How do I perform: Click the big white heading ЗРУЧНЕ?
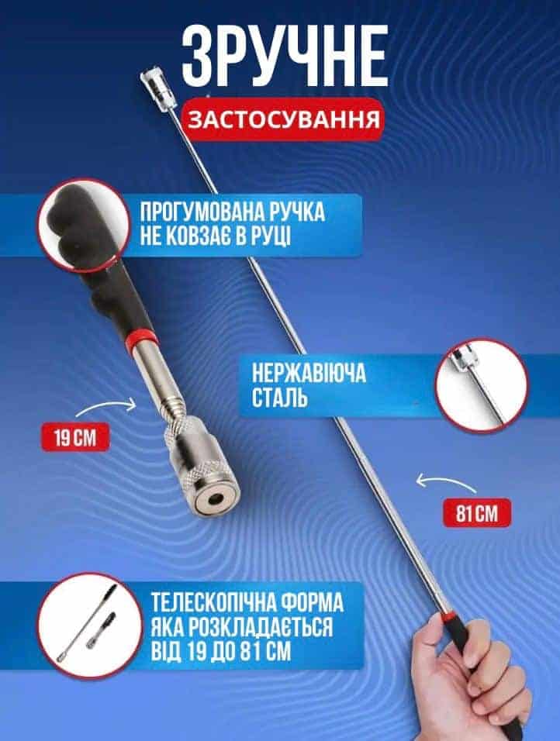285,57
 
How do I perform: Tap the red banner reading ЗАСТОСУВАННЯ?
284,119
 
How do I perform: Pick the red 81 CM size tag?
477,513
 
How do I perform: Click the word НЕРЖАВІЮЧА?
309,374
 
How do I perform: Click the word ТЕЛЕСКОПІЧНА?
213,602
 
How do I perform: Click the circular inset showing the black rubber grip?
84,225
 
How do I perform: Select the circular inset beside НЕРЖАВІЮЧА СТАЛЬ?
482,386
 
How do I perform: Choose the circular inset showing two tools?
90,626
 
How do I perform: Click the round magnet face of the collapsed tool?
216,498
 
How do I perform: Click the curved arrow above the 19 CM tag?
106,407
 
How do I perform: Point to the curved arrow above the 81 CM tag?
446,484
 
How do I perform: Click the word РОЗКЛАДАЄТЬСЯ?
261,627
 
